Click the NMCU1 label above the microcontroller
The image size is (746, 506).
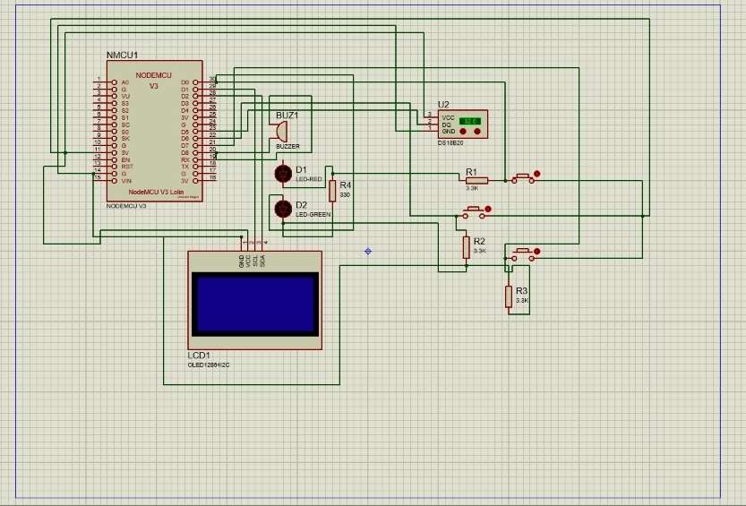point(122,56)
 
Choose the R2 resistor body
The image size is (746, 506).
point(466,246)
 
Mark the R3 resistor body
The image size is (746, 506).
point(509,296)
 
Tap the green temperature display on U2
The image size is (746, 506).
point(470,120)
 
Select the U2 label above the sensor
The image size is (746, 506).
point(443,105)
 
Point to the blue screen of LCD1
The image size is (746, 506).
point(254,304)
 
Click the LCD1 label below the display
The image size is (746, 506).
point(198,356)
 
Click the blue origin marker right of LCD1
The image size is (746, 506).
point(368,251)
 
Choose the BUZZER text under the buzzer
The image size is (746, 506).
point(287,145)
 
